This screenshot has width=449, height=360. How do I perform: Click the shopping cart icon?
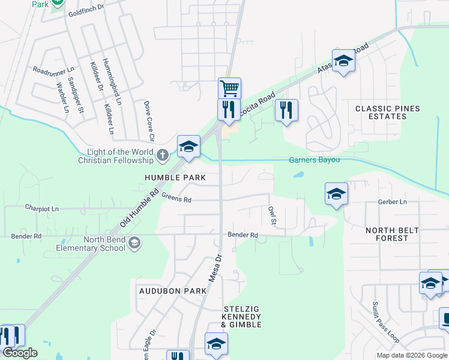point(229,89)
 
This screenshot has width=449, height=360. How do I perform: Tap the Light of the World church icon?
point(162,157)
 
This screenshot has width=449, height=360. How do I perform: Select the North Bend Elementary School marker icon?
point(135,243)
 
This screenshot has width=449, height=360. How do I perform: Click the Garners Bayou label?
point(315,160)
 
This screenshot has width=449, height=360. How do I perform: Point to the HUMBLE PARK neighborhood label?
point(175,178)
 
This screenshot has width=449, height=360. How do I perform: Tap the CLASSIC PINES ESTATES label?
point(387,112)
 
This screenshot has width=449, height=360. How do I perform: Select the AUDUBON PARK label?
point(168,290)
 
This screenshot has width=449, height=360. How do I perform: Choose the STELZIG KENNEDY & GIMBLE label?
point(241,316)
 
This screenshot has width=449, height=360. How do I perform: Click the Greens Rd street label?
point(176,199)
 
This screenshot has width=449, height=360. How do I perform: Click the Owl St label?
point(272,215)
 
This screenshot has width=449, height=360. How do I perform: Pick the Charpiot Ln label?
point(42,209)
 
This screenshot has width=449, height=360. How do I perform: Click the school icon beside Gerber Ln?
point(336,194)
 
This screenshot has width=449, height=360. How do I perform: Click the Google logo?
point(20,353)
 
